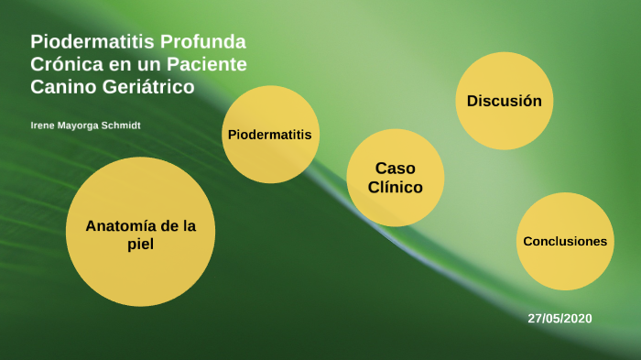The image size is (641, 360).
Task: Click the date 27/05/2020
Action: tap(560, 318)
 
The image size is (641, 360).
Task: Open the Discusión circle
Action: tap(505, 101)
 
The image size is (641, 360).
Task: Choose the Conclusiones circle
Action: tap(565, 241)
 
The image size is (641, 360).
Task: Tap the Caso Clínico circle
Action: tap(395, 178)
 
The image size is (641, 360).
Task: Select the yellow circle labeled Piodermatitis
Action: tap(269, 135)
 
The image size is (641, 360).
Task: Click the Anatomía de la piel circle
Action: tap(140, 232)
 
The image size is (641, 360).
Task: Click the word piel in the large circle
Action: tap(140, 245)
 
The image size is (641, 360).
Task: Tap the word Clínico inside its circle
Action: tap(395, 188)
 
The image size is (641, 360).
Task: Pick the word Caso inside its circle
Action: tap(395, 169)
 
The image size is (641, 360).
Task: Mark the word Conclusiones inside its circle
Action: tap(565, 241)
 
